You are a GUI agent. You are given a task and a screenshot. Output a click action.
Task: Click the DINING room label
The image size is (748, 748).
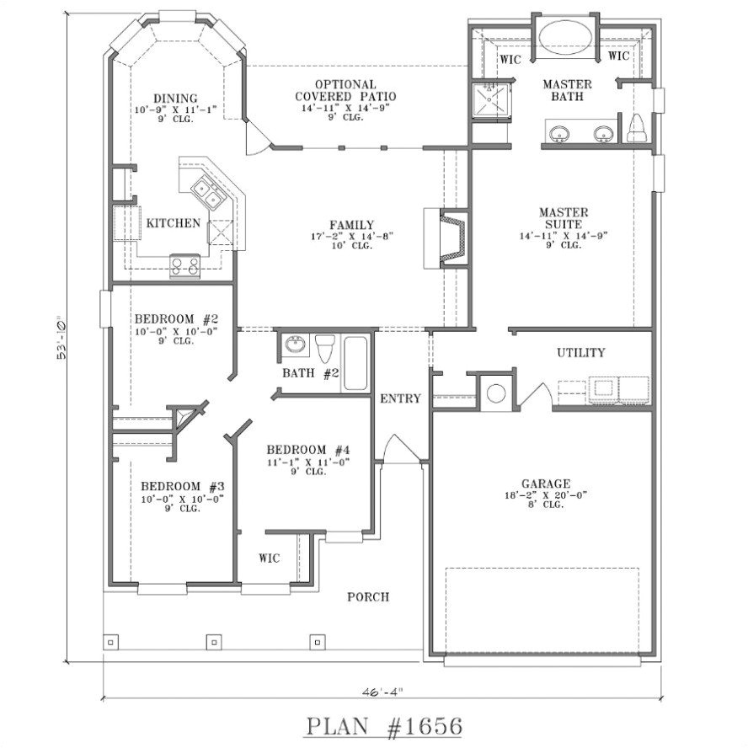click(175, 98)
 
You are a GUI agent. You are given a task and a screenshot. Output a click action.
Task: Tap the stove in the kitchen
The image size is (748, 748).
click(185, 265)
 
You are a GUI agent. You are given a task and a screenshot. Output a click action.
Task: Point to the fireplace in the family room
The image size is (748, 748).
click(452, 238)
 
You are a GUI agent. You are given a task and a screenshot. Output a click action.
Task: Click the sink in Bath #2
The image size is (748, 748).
click(295, 346)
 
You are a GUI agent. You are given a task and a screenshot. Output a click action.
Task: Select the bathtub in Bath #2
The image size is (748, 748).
click(355, 363)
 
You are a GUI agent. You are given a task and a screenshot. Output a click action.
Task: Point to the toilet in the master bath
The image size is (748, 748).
click(636, 128)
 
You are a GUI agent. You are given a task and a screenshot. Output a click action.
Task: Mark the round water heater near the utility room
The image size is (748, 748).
click(496, 393)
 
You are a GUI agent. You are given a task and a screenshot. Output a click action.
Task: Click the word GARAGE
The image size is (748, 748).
click(545, 484)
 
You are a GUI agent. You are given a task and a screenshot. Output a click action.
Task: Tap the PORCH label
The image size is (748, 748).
click(368, 597)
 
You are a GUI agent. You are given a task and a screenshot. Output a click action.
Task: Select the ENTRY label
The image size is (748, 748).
click(400, 398)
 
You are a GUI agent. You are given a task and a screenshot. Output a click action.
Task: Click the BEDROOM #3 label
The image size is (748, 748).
click(182, 486)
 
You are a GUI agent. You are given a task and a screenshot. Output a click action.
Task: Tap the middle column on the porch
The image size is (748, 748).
click(214, 642)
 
